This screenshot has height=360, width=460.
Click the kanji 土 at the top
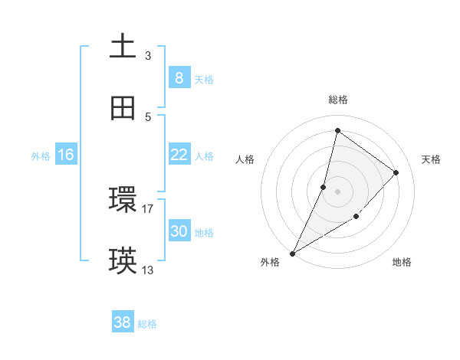click(x=123, y=46)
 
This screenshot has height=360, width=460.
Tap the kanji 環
click(x=123, y=199)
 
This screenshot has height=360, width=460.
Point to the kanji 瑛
click(x=123, y=261)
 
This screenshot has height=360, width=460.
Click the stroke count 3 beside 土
click(x=148, y=55)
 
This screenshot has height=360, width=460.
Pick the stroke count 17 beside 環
click(x=148, y=208)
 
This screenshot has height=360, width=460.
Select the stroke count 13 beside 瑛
click(x=148, y=270)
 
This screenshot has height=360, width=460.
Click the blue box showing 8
click(x=179, y=77)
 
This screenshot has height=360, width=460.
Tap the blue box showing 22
click(x=179, y=154)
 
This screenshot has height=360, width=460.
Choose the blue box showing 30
click(x=179, y=231)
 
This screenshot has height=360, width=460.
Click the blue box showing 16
click(x=66, y=154)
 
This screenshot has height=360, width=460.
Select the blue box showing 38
click(x=122, y=322)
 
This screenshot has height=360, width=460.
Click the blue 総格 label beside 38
click(x=147, y=324)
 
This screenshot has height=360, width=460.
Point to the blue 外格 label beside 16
click(x=41, y=156)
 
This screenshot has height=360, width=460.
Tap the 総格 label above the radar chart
click(x=337, y=100)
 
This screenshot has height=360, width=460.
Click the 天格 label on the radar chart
click(x=431, y=159)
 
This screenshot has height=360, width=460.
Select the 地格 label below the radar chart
click(x=402, y=262)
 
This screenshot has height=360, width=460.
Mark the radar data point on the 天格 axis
click(x=396, y=172)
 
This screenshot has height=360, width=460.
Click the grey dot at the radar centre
click(x=337, y=191)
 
